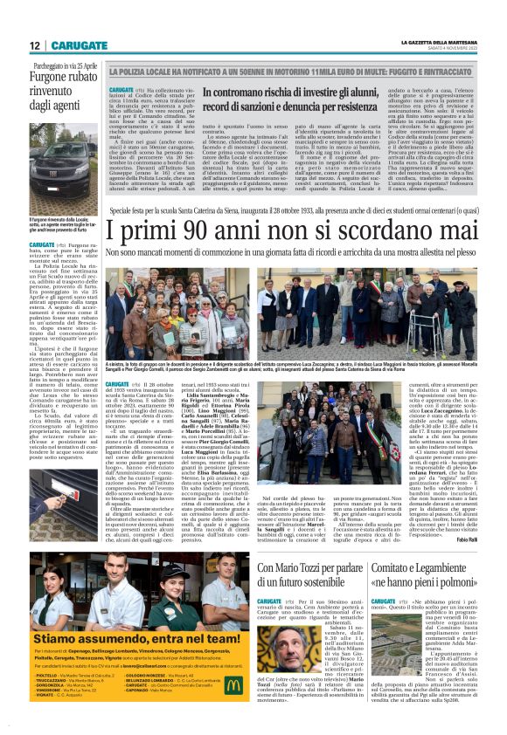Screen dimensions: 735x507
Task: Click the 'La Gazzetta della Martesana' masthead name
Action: click(x=436, y=41)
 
